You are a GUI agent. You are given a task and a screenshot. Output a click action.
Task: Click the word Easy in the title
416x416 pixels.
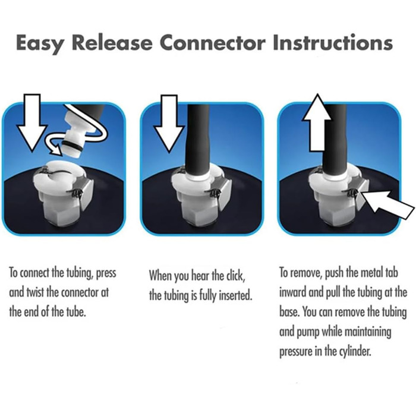[x=40, y=43]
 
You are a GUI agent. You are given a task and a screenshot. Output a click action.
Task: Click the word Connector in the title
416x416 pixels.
[x=213, y=42]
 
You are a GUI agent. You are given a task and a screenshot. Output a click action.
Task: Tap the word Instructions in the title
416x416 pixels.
[x=333, y=42]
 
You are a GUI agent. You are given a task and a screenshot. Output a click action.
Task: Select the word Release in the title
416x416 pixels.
[x=112, y=42]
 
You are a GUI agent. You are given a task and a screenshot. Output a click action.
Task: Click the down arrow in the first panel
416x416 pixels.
[x=32, y=122]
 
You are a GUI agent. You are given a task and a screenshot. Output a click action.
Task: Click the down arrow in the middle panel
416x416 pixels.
[x=169, y=124]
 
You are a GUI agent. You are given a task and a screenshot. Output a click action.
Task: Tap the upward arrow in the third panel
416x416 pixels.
[x=317, y=122]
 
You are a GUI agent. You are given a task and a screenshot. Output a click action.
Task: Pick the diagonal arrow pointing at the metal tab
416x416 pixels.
[x=387, y=203]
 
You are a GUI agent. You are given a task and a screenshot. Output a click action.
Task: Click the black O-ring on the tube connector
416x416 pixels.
[x=73, y=146]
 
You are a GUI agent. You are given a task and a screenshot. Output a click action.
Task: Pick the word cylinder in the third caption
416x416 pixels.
[x=355, y=352]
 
